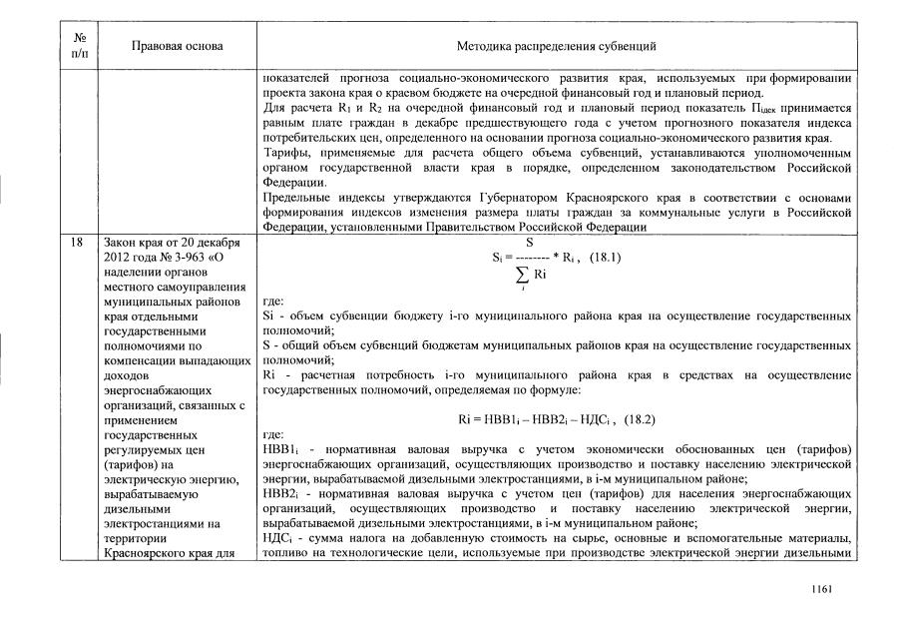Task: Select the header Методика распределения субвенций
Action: [x=556, y=46]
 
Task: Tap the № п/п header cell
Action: [x=79, y=46]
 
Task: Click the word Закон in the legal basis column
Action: [x=119, y=242]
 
